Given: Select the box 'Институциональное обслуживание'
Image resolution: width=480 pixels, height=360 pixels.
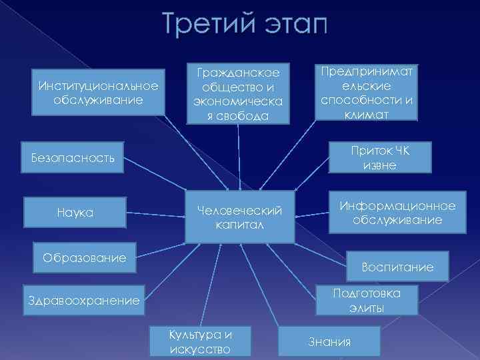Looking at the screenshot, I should (x=99, y=92).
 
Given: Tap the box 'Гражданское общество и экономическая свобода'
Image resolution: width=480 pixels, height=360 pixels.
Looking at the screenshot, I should (x=237, y=93).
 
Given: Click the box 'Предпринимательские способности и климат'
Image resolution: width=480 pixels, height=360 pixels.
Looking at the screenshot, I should (x=367, y=92).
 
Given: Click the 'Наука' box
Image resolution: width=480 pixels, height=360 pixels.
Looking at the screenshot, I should (x=75, y=213).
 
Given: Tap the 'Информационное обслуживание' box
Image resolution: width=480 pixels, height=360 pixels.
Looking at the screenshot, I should (x=398, y=213).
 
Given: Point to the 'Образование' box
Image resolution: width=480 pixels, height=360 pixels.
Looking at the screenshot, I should (x=84, y=257).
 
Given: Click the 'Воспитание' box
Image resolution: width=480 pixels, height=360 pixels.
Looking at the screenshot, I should (x=397, y=267).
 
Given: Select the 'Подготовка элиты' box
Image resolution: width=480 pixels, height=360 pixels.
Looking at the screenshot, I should (x=366, y=300).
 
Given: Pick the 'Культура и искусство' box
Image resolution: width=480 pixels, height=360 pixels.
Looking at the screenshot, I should (x=200, y=342).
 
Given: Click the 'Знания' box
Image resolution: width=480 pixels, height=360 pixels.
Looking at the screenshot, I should (x=329, y=342).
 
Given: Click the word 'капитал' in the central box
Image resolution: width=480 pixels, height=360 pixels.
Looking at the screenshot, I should (x=239, y=225).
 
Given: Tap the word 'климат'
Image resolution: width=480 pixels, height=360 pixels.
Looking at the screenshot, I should (x=367, y=114).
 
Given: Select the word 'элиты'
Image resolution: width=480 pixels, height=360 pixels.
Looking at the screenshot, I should (x=366, y=308).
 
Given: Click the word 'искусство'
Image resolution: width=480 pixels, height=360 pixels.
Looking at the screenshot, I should (x=200, y=349).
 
